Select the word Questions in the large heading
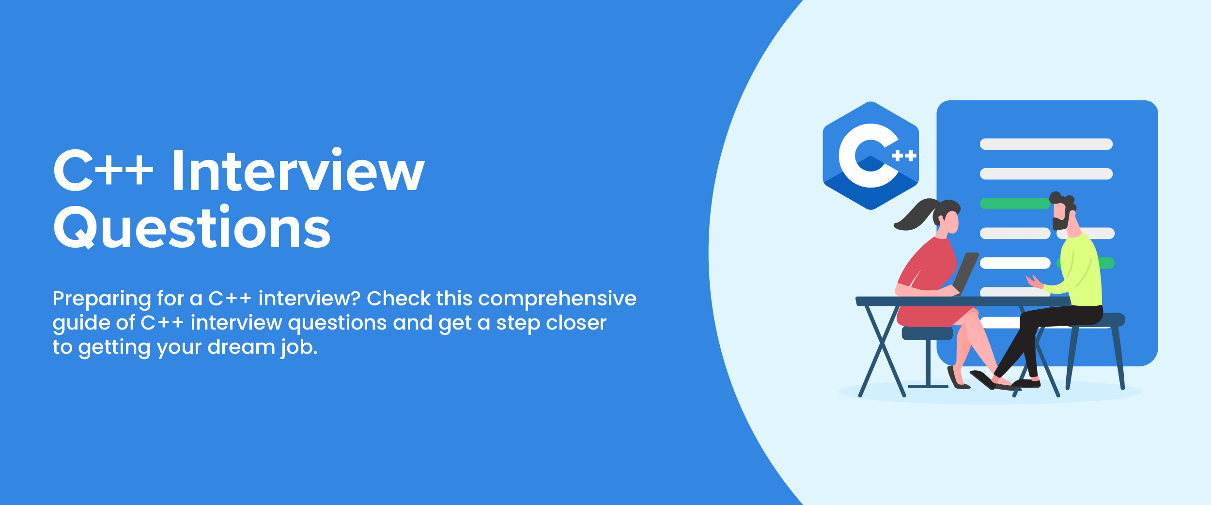(192, 227)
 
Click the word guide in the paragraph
(77, 324)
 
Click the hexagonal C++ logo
(870, 156)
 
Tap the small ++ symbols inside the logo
(904, 156)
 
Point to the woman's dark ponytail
(917, 215)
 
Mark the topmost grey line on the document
(1046, 144)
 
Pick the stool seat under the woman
(927, 333)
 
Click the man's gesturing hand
(1034, 282)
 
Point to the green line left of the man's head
(1015, 204)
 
